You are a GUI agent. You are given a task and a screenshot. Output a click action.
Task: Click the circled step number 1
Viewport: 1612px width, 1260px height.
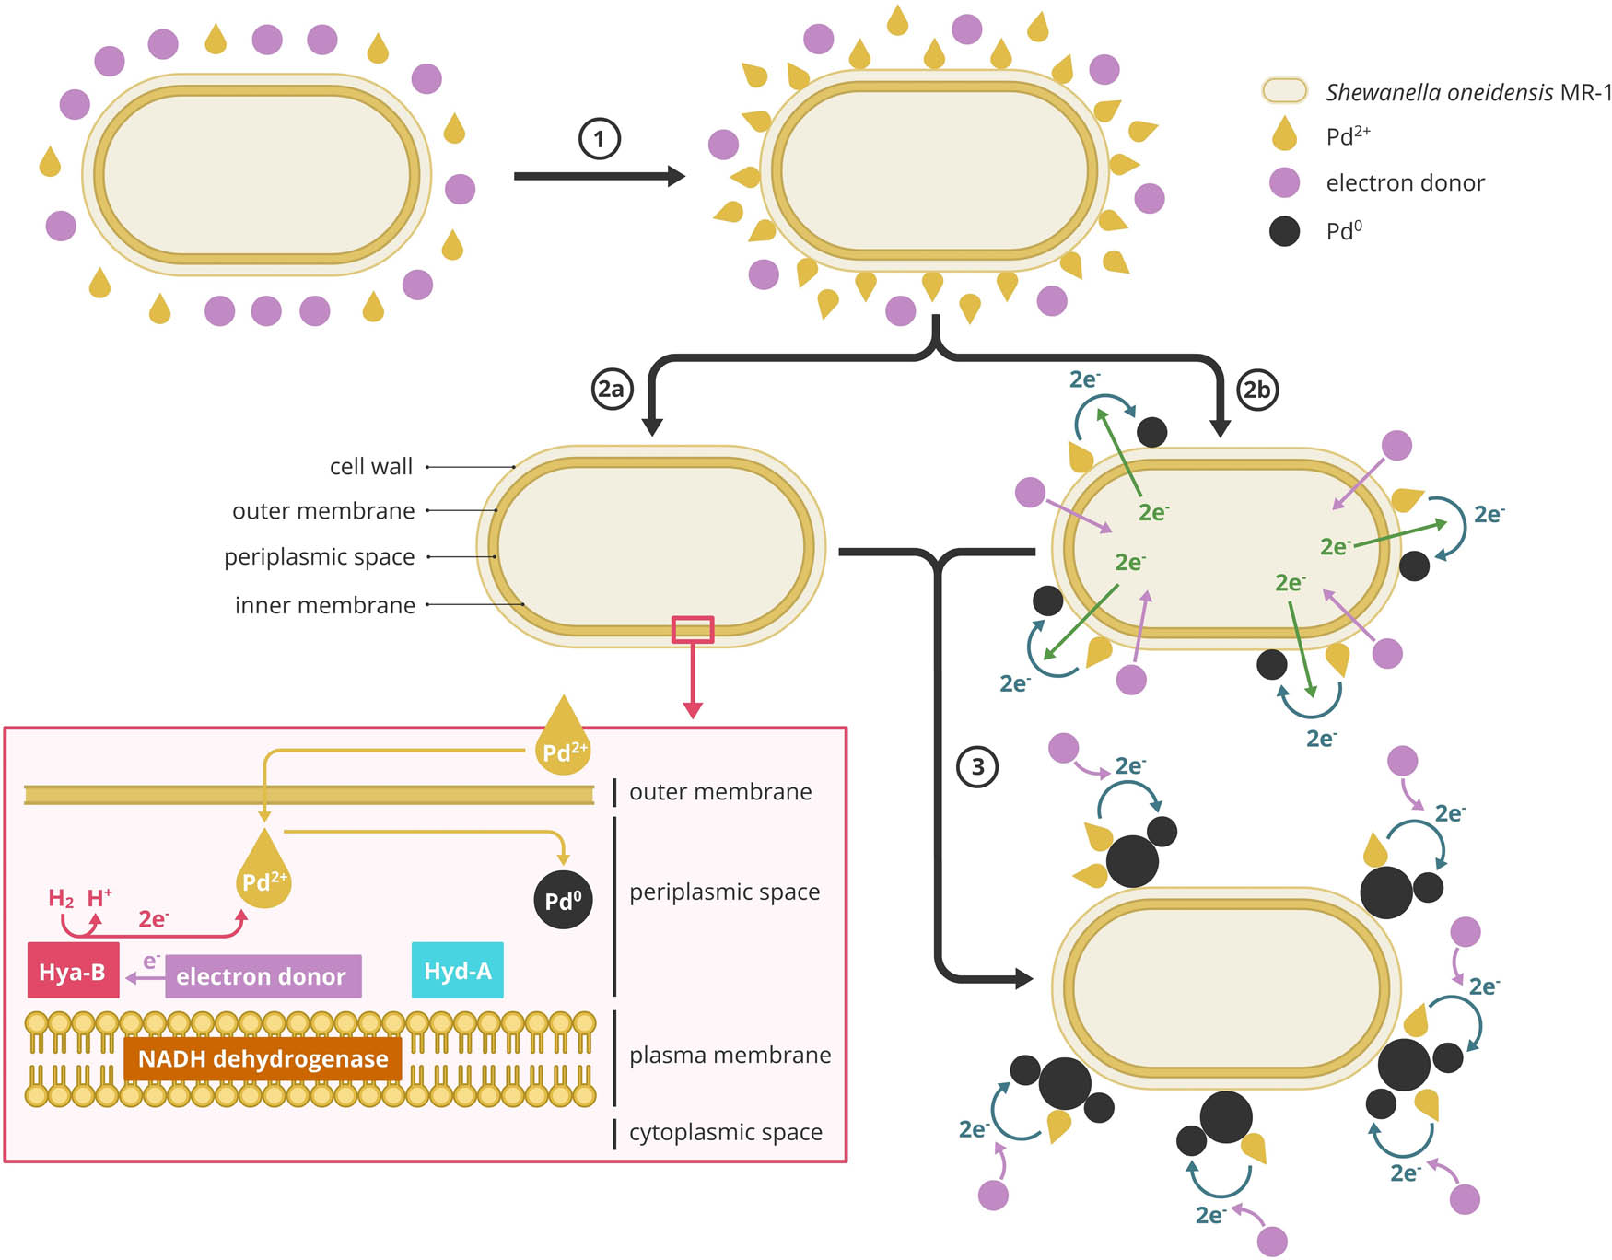point(599,139)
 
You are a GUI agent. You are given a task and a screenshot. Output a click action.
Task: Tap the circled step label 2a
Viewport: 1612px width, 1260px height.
point(611,390)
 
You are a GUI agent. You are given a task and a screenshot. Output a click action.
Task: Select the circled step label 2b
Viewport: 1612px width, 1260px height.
point(1256,390)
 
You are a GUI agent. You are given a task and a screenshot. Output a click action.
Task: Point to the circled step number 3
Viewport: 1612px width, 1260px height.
point(977,766)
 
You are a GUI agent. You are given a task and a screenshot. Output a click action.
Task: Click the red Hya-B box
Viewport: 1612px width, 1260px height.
point(73,971)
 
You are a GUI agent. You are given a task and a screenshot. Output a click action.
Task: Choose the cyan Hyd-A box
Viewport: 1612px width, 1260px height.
point(457,970)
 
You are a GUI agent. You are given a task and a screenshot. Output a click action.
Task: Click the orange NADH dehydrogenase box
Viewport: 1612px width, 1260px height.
point(263,1058)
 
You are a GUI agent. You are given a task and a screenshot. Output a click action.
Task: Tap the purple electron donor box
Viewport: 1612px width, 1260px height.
point(263,976)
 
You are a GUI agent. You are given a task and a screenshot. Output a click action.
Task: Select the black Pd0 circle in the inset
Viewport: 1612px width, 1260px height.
point(563,900)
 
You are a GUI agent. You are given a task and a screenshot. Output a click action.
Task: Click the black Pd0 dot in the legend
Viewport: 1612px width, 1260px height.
point(1284,231)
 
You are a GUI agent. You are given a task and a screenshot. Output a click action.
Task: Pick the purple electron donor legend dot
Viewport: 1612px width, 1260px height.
point(1284,182)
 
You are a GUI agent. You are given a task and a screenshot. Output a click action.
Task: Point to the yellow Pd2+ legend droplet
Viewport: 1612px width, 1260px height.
point(1284,134)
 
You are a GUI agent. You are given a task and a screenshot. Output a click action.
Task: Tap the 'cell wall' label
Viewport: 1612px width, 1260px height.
point(370,467)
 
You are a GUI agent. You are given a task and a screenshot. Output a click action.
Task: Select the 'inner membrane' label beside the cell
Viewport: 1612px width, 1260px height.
point(324,605)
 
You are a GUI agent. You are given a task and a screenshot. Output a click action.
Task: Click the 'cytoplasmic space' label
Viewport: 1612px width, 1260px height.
point(725,1132)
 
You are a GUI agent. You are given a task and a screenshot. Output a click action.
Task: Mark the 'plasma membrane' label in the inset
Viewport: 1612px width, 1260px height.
point(730,1055)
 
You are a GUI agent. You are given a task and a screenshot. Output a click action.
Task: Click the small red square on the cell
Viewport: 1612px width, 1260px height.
point(693,629)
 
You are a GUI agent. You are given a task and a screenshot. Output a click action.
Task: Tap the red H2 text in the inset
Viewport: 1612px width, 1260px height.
point(61,898)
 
